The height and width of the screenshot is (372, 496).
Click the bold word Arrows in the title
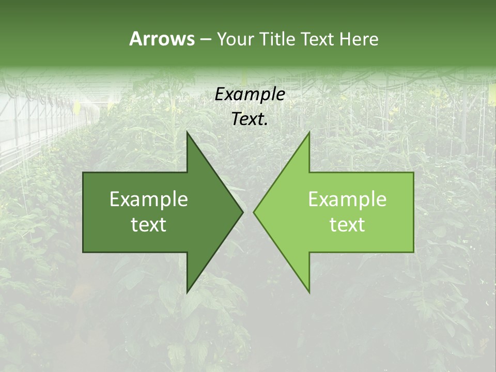(162, 39)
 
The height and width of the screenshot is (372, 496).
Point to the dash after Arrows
(205, 40)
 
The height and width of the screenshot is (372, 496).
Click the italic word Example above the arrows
(250, 94)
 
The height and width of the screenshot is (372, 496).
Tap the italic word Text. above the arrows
(250, 119)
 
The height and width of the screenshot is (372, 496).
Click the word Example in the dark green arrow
(149, 199)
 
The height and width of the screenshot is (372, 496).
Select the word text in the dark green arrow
(149, 224)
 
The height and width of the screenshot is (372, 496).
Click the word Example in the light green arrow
(347, 199)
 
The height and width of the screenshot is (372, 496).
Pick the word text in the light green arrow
(347, 224)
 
